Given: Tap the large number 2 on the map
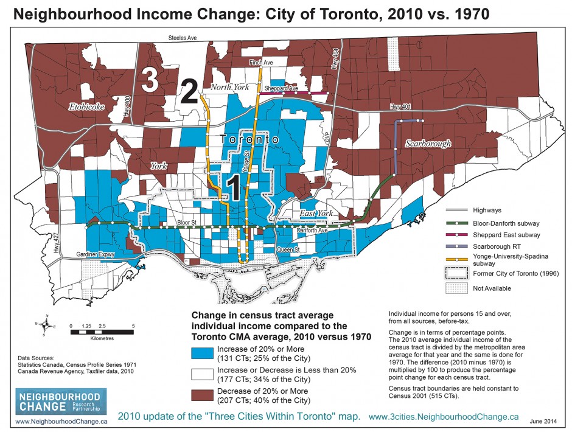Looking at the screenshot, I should [188, 93].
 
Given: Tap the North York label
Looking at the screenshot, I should [230, 87].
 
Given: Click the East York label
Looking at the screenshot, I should [314, 214].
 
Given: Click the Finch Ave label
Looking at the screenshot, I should [260, 63].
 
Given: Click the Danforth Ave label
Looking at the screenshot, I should [312, 231].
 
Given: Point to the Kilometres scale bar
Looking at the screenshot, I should [102, 332].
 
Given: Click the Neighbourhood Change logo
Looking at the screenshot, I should [60, 402].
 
